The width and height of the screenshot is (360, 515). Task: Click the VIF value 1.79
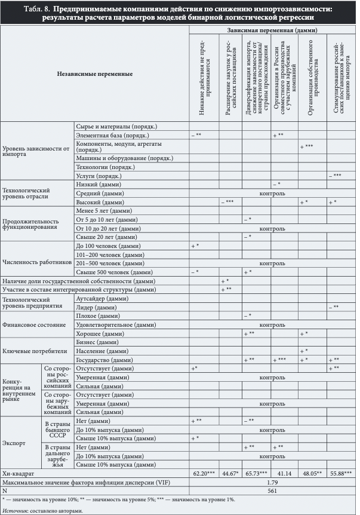point(272,481)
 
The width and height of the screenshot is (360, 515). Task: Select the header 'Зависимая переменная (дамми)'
point(272,29)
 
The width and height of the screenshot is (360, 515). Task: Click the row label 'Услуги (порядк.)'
point(99,176)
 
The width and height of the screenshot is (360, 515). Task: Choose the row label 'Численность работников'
point(37,260)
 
